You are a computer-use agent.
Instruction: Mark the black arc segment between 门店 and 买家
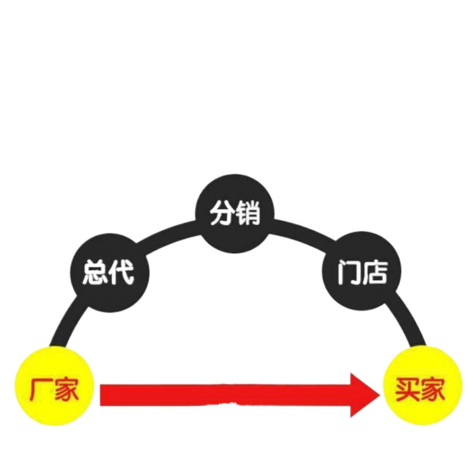point(406,321)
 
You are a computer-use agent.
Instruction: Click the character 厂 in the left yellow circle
point(37,389)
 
